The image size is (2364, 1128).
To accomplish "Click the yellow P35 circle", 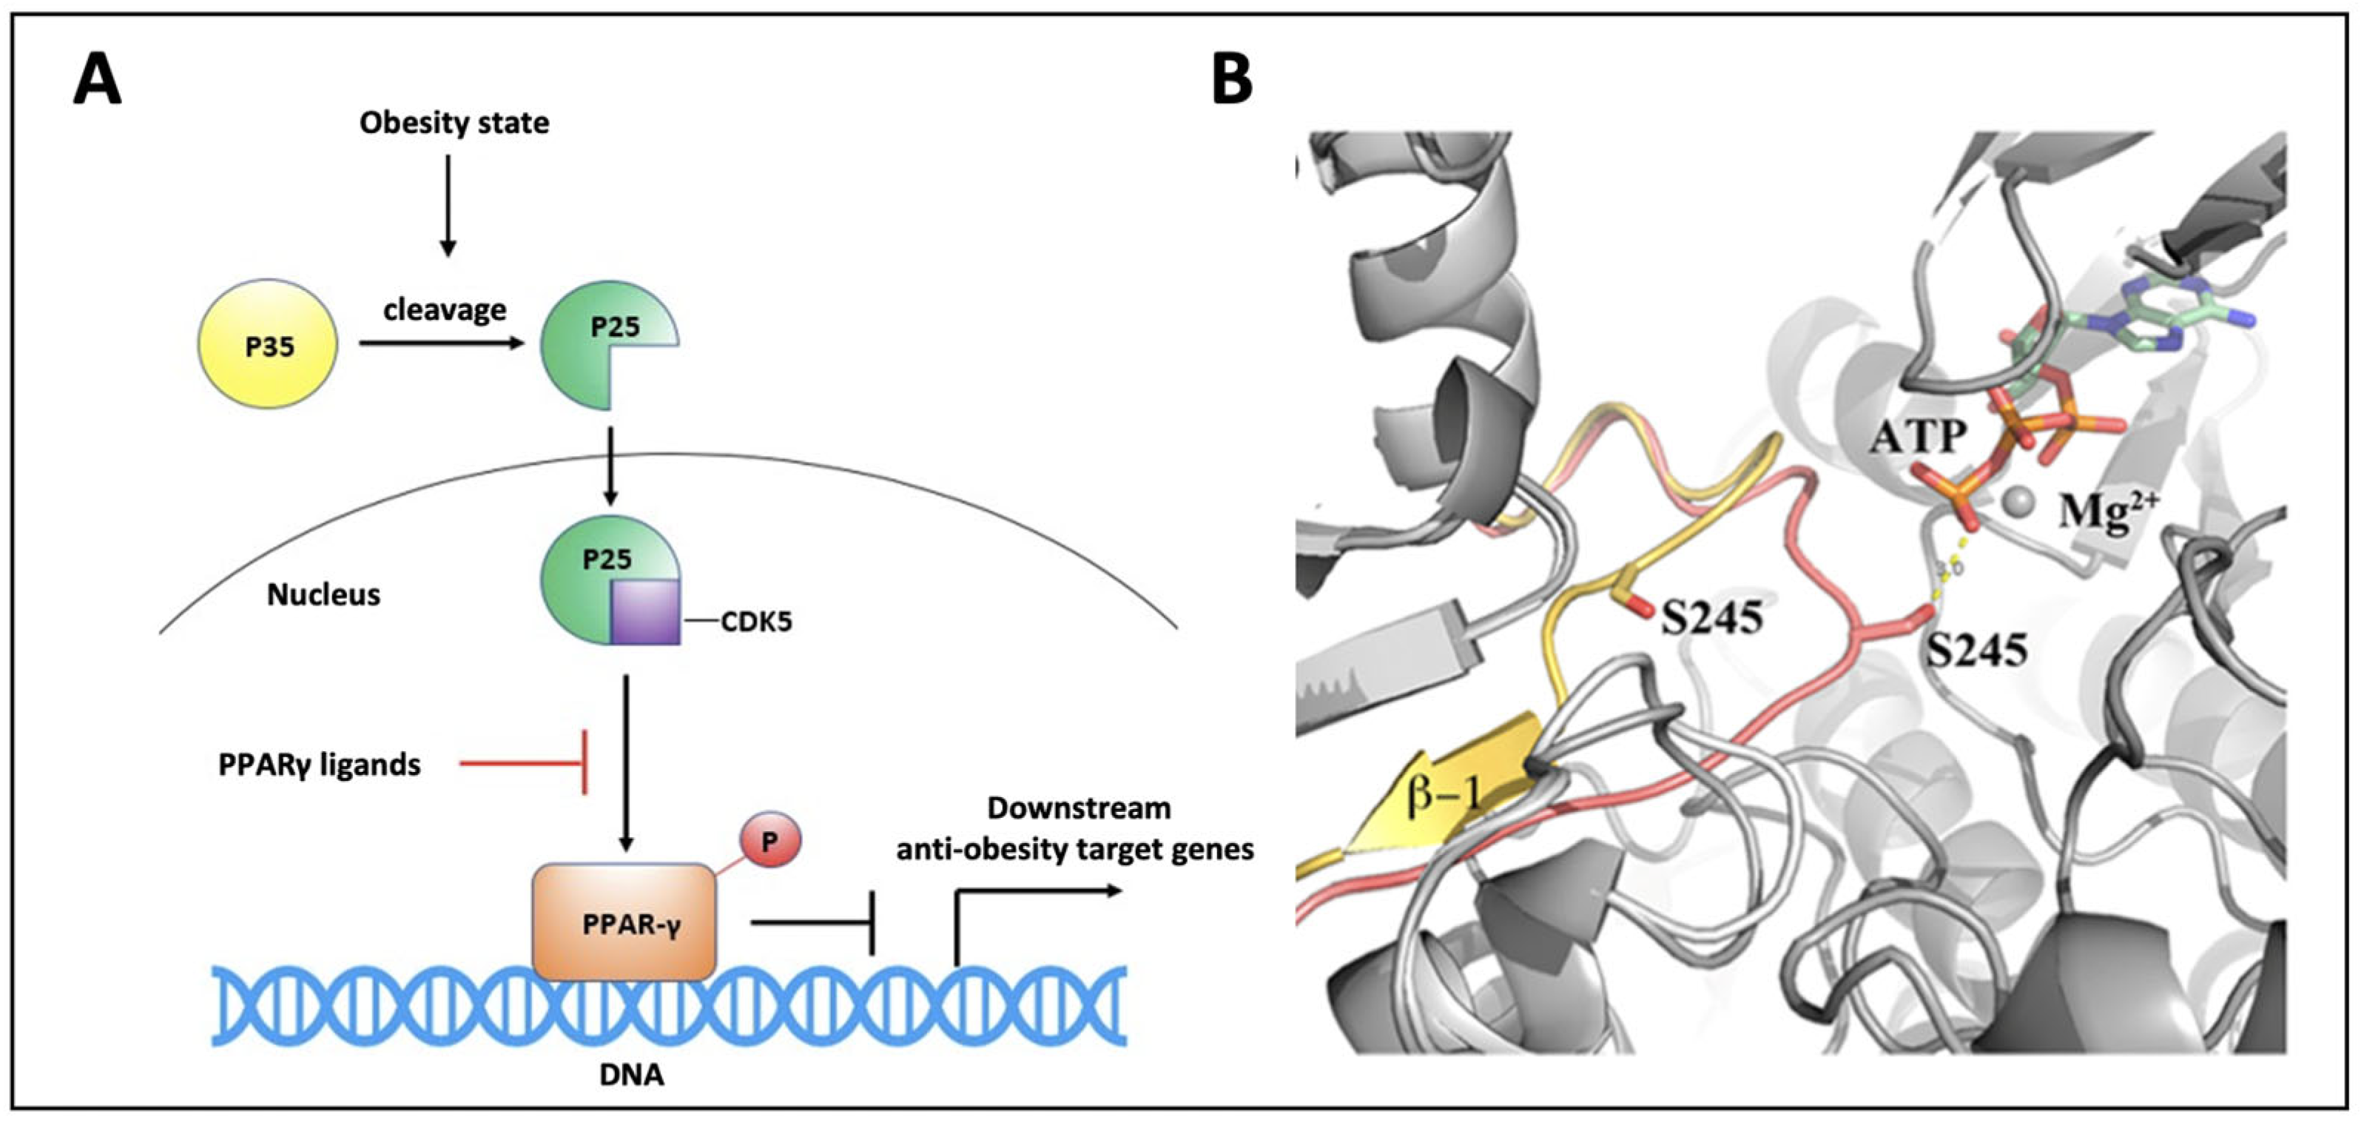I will click(268, 344).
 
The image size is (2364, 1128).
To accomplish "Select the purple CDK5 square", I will click(645, 611).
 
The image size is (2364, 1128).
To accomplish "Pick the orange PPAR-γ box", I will click(624, 922).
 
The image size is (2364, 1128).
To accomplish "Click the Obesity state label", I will click(454, 122).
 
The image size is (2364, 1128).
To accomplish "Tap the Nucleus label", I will click(323, 595).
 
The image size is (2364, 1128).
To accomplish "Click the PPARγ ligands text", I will click(320, 765).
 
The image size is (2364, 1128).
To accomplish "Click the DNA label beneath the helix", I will click(631, 1075).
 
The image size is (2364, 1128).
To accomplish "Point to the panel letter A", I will click(97, 81).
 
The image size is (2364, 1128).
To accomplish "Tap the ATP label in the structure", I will click(1918, 437).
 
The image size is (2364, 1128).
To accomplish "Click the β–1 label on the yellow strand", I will click(1444, 792).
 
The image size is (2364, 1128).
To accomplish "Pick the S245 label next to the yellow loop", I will click(1712, 618).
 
